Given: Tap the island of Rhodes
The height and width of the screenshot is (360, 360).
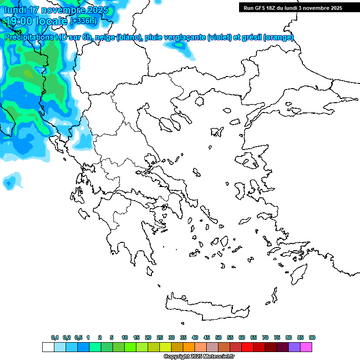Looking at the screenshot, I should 298,273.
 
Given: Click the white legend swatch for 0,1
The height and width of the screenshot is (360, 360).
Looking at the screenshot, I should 48,347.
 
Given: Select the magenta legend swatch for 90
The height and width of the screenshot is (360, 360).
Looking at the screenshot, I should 307,347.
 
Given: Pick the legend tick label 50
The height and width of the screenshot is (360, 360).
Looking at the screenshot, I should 218,337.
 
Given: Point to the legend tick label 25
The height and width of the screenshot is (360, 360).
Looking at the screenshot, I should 160,337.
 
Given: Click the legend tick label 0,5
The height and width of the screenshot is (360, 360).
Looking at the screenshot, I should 78,337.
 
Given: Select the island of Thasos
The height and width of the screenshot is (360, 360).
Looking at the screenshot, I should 199,101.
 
